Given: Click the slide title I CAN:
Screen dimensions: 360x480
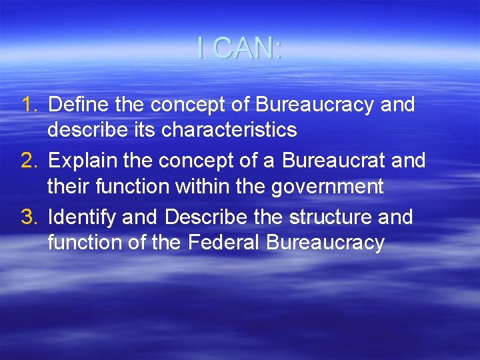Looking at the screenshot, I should click(x=240, y=48).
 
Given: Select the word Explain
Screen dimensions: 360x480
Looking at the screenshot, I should click(x=77, y=161).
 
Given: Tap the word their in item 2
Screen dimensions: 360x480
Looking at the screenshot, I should click(x=65, y=187).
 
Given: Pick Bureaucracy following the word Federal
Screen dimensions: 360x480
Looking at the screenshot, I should click(x=325, y=243).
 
